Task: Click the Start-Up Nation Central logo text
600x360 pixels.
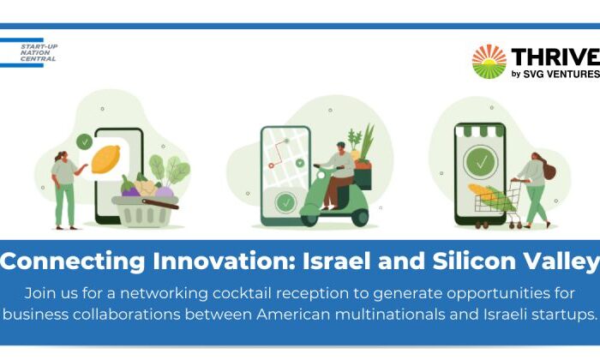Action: (x=39, y=53)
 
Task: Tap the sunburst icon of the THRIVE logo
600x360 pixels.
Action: (x=489, y=62)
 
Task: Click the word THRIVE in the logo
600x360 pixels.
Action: (x=555, y=57)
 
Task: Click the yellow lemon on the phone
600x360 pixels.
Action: (x=106, y=159)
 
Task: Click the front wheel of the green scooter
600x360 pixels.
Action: (x=309, y=218)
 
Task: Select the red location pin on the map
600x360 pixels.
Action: (x=271, y=165)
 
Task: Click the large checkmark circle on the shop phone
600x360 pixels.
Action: (x=481, y=162)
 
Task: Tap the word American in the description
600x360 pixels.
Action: (x=293, y=315)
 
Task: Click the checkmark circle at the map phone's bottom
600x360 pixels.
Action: (x=285, y=203)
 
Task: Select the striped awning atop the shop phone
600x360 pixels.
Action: (x=480, y=130)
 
